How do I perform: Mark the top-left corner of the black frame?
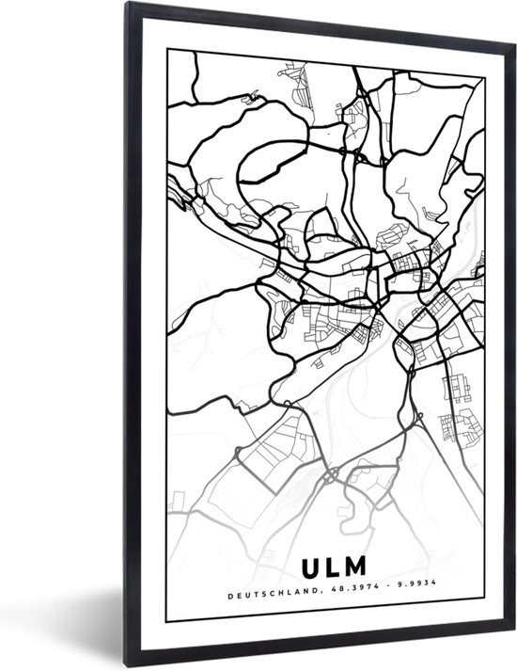(125, 5)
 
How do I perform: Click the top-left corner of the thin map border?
(167, 50)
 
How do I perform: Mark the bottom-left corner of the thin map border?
(167, 621)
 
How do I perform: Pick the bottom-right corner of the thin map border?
(485, 621)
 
